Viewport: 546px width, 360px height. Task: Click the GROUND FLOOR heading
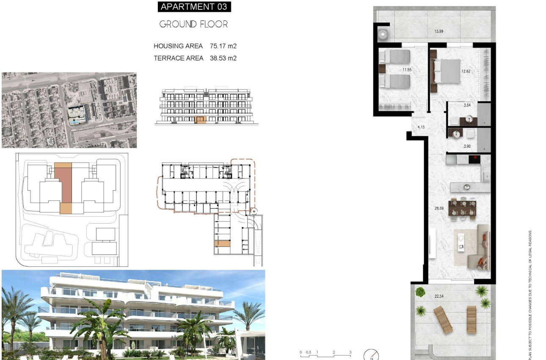(193, 24)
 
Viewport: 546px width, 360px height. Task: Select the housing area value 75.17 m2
(223, 46)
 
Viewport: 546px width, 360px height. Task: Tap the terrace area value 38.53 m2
(223, 58)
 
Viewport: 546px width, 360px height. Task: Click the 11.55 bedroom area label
(407, 69)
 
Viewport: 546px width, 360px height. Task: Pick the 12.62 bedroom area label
(466, 71)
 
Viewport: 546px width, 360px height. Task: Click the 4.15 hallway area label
(421, 127)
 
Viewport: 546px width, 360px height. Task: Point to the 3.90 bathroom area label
(467, 146)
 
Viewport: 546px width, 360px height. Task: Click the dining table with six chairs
(462, 208)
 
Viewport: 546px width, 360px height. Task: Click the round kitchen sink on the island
(467, 186)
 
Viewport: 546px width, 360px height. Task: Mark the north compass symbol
(371, 355)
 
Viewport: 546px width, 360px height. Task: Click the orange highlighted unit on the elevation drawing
(200, 120)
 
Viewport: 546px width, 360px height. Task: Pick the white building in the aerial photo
(76, 114)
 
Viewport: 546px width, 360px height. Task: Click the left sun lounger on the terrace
(443, 320)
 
